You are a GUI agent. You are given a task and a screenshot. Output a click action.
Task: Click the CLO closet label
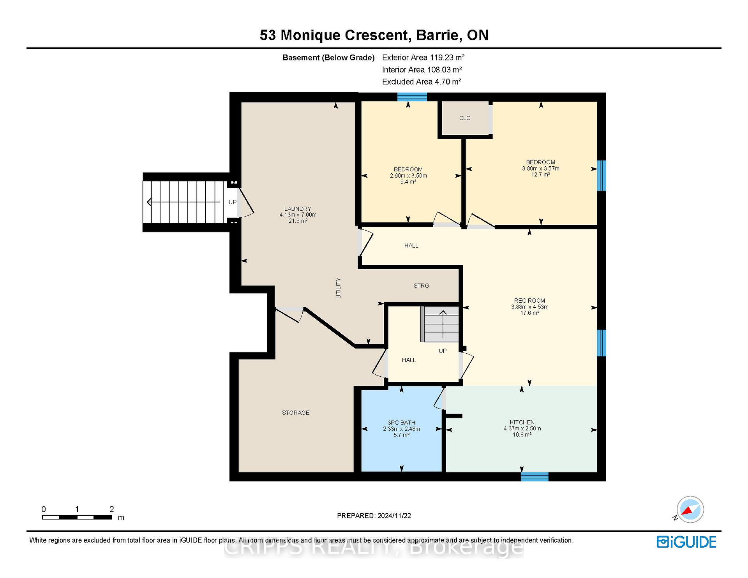pos(465,118)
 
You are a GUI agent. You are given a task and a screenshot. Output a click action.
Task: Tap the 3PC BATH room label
pos(401,423)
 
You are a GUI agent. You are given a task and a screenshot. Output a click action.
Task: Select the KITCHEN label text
pos(522,422)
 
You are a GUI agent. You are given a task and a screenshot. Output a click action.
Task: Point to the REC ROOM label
pos(529,301)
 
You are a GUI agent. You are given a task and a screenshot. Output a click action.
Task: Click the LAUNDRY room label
pos(298,209)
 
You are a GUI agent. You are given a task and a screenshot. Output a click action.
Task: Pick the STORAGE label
pos(296,412)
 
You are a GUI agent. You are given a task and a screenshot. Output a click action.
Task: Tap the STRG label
pos(421,285)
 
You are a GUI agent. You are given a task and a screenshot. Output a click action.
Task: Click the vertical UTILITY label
pos(338,288)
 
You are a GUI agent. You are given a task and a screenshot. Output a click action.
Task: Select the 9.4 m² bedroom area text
pos(408,182)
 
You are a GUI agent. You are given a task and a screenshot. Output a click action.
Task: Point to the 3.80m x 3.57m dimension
pos(541,169)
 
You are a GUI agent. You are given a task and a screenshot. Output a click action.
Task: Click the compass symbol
pos(690,509)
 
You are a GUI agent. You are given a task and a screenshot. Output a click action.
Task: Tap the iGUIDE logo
pos(686,542)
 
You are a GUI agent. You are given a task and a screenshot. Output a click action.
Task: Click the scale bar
pos(77,517)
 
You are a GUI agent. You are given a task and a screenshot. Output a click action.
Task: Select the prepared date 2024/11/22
pos(394,516)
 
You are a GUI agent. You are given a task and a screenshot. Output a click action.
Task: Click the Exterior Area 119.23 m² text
pos(423,58)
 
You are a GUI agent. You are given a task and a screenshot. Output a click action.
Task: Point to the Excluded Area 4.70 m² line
pos(422,82)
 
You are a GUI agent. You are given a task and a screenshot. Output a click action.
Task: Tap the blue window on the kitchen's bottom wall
pos(535,477)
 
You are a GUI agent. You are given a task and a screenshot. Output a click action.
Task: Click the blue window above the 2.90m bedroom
pos(412,97)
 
